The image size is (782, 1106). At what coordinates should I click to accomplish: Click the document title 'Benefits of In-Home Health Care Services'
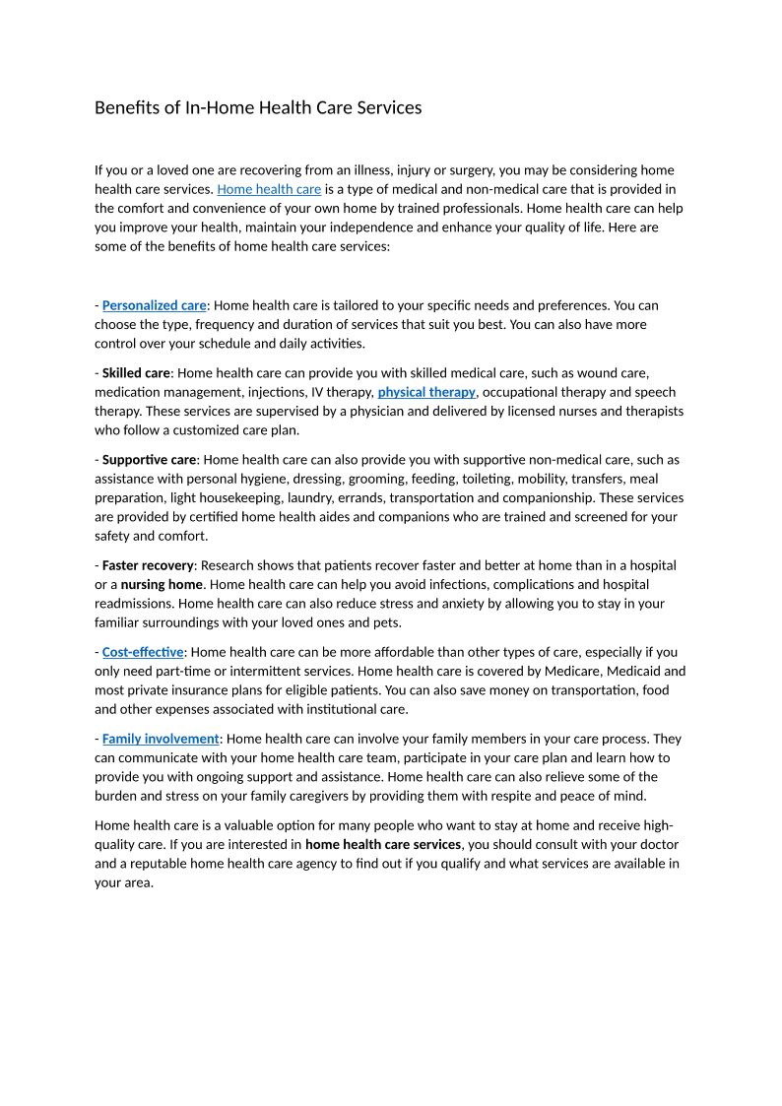[258, 107]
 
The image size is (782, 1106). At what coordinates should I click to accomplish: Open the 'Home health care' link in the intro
[269, 189]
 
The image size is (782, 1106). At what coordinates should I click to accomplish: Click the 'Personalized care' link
[154, 305]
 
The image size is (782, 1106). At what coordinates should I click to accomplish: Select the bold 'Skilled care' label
[136, 373]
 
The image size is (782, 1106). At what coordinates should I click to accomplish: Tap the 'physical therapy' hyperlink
[426, 392]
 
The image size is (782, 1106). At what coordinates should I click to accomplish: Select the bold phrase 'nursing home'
[162, 585]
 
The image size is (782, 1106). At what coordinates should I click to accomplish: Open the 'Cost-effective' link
[143, 652]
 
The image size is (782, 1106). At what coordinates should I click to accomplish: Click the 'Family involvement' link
[161, 739]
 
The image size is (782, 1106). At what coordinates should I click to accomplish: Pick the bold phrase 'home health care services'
[383, 845]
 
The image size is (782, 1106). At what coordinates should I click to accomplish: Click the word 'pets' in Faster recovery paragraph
[386, 623]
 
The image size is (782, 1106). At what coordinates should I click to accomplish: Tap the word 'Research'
[231, 565]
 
